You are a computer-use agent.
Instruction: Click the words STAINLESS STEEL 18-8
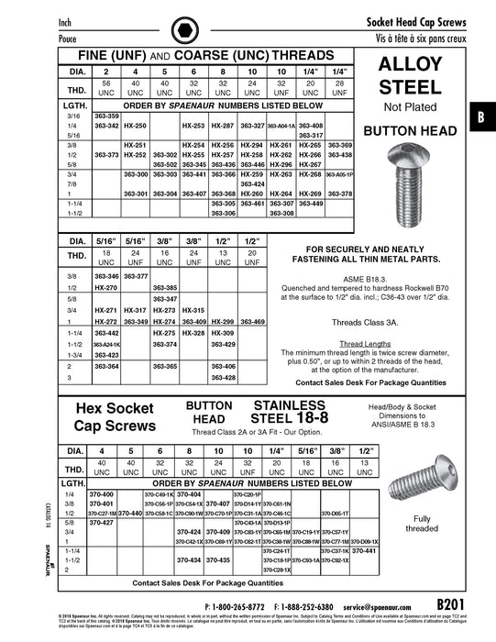289,412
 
